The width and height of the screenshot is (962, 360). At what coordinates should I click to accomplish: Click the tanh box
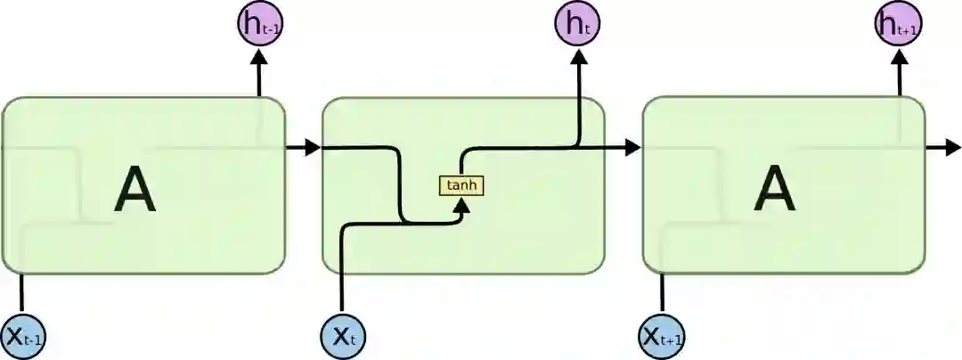coord(461,185)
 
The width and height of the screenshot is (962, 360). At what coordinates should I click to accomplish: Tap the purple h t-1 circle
coord(258,24)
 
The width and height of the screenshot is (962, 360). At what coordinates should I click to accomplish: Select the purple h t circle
coord(577,24)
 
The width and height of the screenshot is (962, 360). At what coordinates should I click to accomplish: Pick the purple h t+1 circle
coord(897,24)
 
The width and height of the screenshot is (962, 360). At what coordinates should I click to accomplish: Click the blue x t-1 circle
coord(22,336)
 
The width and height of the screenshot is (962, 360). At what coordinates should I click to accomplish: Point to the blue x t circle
coord(343,336)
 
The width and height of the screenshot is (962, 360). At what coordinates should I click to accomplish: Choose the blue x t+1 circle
coord(662,336)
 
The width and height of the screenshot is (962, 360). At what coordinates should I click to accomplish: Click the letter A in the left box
coord(135,191)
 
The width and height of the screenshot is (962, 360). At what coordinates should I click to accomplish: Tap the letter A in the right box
coord(774,191)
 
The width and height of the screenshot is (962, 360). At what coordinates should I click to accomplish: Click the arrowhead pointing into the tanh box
coord(461,204)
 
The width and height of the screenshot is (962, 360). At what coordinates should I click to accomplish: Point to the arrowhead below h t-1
coord(259,57)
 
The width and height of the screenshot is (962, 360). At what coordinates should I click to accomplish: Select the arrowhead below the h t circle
coord(578,57)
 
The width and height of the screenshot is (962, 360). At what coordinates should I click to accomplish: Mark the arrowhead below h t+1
coord(898,57)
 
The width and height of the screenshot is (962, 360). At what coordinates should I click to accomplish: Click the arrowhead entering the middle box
coord(311,148)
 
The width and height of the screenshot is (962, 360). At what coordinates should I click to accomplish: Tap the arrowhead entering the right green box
coord(632,148)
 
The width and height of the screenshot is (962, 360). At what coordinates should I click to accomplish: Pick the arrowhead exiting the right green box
coord(952,148)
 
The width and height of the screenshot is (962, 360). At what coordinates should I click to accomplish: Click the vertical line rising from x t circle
coord(343,276)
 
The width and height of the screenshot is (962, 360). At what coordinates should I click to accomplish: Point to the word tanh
coord(461,185)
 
